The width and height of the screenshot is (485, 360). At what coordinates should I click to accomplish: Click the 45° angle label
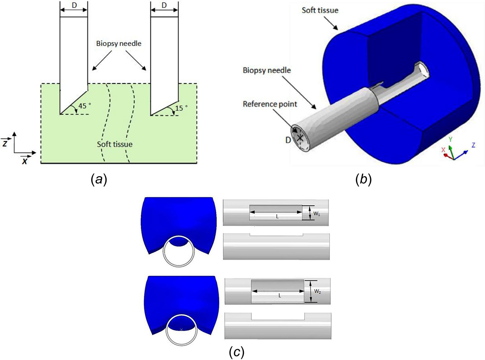[x=84, y=106]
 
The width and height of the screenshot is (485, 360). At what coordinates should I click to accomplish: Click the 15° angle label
[x=181, y=108]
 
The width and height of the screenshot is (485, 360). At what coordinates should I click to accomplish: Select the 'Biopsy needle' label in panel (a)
[x=119, y=43]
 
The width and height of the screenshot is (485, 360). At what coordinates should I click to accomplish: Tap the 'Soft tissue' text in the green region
[x=115, y=144]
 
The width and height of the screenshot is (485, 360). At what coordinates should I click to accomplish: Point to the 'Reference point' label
[x=270, y=104]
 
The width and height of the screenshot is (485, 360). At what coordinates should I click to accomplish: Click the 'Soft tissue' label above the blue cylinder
[x=320, y=10]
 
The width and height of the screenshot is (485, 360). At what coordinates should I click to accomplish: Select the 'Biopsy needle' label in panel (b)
[x=267, y=70]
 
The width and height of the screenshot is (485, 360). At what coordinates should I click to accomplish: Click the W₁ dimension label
[x=317, y=214]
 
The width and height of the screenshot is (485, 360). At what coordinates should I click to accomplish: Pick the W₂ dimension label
[x=318, y=291]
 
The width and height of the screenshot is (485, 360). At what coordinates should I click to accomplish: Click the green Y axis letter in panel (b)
[x=450, y=139]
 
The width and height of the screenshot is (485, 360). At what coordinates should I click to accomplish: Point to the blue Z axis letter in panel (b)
[x=473, y=145]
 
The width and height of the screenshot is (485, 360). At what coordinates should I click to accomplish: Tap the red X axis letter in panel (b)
[x=443, y=150]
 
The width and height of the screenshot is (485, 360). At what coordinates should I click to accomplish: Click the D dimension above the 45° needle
[x=74, y=5]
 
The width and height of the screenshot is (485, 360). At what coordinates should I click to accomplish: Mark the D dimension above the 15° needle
[x=164, y=5]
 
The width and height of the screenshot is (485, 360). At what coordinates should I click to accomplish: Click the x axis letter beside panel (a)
[x=25, y=161]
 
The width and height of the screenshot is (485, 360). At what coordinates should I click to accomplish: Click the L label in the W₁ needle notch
[x=277, y=217]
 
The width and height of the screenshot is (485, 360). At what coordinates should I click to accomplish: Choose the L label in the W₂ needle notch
[x=280, y=296]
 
